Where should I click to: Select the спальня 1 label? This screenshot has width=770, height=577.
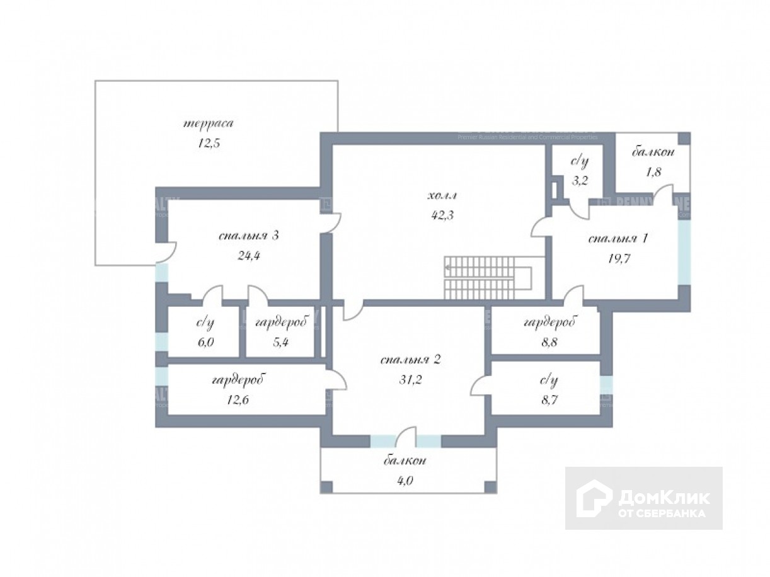pos(618,239)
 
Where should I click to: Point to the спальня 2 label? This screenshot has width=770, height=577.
pos(410,360)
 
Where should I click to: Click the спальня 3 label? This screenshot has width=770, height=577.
pos(249,236)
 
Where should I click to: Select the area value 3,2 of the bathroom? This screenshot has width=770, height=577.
pos(579,180)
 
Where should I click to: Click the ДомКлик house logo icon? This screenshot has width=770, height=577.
pos(594,498)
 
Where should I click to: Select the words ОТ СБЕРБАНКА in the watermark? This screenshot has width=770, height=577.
pos(662,513)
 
